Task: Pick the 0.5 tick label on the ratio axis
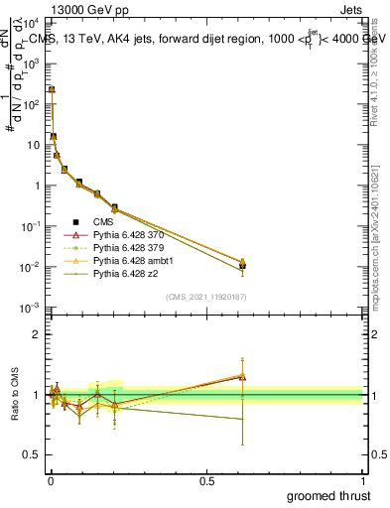[32, 455]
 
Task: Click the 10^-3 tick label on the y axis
[31, 308]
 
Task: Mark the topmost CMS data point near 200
[52, 89]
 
